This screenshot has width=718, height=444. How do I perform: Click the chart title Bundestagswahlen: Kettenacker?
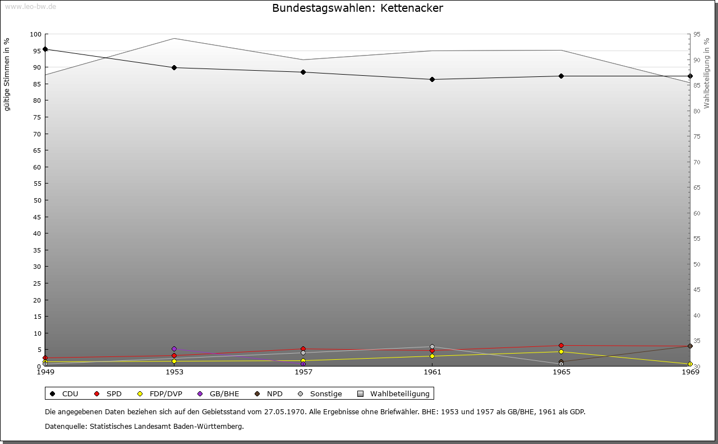click(357, 8)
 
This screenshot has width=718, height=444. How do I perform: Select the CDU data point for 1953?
click(174, 68)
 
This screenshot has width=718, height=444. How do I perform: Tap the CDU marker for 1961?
click(432, 80)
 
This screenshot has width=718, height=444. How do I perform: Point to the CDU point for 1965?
click(561, 76)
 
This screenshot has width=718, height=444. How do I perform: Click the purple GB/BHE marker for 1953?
click(174, 349)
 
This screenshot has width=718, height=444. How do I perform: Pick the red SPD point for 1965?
click(561, 346)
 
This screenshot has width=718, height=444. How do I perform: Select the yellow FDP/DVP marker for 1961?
click(432, 356)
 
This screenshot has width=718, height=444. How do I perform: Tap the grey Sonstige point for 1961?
click(432, 347)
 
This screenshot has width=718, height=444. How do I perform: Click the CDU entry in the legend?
click(64, 394)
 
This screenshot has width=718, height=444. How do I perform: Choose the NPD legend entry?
click(269, 394)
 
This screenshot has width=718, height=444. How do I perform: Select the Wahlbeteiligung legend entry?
click(394, 394)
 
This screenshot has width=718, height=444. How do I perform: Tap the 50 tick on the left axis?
click(37, 200)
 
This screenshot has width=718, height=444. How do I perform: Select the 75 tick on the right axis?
click(697, 136)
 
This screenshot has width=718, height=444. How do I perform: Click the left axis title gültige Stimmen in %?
click(7, 75)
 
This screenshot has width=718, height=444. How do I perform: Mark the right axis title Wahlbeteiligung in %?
click(707, 73)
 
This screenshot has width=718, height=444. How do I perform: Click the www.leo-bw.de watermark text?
click(30, 6)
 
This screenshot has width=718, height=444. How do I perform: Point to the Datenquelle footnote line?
click(144, 427)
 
